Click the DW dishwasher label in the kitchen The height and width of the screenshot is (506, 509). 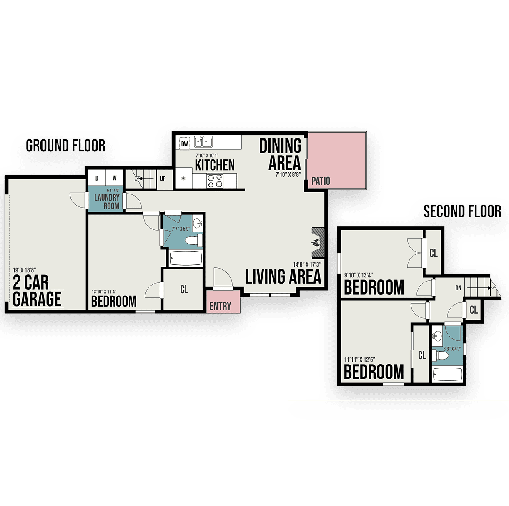[184, 144]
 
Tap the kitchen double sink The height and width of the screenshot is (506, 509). [203, 142]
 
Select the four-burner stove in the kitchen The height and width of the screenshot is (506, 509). [215, 181]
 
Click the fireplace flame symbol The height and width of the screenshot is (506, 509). [316, 242]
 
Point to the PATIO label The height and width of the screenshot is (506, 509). [321, 181]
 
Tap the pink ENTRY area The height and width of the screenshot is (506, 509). [223, 302]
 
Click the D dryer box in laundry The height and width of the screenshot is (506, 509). [97, 178]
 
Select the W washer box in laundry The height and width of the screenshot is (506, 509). [114, 178]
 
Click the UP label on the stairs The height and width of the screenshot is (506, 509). [163, 179]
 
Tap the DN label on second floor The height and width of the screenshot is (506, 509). [458, 288]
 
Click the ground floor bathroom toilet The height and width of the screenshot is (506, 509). [193, 240]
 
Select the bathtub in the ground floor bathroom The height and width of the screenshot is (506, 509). [186, 258]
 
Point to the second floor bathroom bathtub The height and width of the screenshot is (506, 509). [448, 374]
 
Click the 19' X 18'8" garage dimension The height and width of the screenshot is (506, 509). [24, 270]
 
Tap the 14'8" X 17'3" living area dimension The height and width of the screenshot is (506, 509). [307, 264]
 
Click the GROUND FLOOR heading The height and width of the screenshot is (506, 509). [65, 146]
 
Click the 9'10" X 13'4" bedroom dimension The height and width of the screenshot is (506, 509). [359, 275]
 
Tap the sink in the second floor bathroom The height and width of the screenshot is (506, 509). [437, 336]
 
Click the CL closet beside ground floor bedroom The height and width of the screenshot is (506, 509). [184, 289]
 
